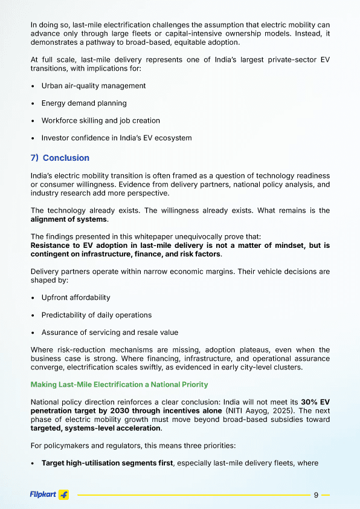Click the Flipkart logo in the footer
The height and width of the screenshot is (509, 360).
49,494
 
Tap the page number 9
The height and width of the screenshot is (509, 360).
316,495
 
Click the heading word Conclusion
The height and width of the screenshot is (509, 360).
66,158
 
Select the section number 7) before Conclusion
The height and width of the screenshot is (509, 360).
34,158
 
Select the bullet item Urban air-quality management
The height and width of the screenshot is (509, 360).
93,86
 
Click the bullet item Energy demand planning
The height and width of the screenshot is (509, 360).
84,103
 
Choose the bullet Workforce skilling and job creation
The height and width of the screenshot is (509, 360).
100,121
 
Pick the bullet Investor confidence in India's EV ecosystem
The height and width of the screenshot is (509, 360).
116,138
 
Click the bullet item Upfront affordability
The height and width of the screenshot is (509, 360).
76,297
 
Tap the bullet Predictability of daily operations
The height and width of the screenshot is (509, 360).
96,315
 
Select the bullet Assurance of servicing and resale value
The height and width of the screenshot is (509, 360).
109,332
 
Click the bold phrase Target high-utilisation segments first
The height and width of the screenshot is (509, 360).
107,463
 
